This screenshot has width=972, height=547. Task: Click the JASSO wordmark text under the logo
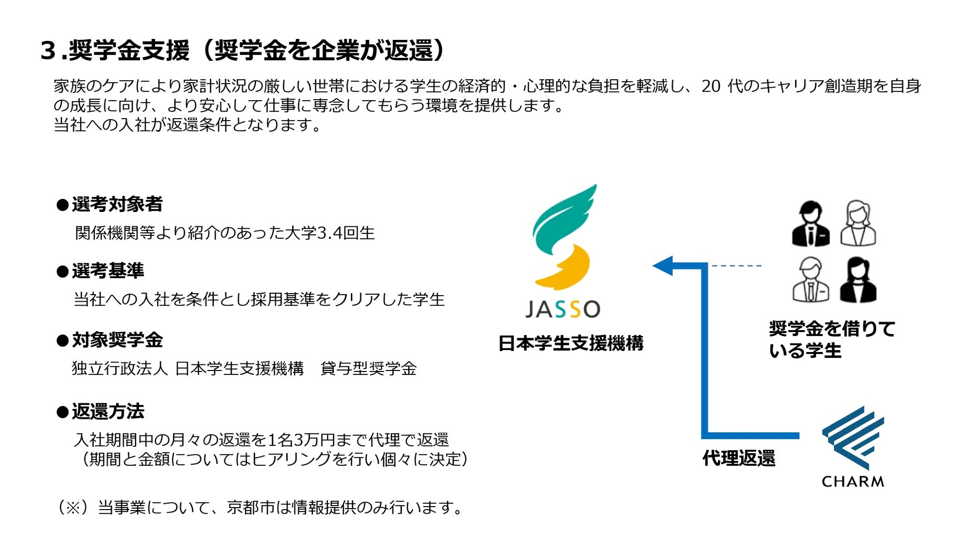pos(562,309)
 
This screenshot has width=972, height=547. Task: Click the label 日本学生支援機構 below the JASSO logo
pos(571,344)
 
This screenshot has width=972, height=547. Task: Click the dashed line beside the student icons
pos(735,266)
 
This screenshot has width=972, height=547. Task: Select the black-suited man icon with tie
pos(810,224)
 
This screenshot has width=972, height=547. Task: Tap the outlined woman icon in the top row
pos(858,224)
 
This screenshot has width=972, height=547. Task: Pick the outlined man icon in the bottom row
pos(810,280)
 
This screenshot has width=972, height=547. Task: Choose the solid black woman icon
pos(858,280)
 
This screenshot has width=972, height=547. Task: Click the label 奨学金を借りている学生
pos(831,340)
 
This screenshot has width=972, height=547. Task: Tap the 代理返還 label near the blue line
pos(739,458)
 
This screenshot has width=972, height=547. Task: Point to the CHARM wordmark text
pos(853,482)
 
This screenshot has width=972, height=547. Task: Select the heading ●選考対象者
pos(110,204)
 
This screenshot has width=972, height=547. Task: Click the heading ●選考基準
pos(101,271)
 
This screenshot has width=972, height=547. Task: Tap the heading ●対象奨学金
pos(110,340)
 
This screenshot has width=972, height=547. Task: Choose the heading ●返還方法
pos(101,411)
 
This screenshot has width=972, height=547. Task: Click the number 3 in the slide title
pos(48,51)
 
